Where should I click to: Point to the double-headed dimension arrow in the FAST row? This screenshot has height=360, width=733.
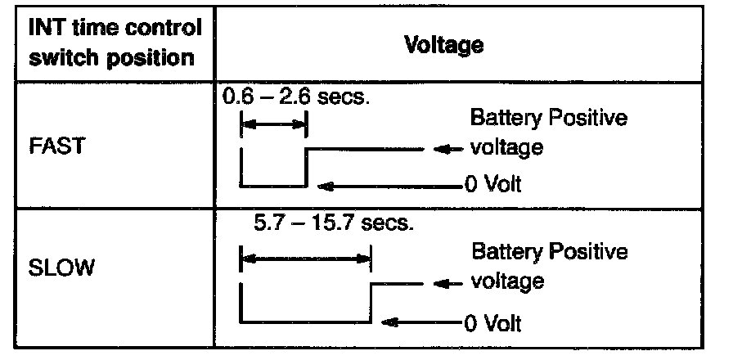point(273,125)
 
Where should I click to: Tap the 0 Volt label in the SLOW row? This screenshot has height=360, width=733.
point(490,322)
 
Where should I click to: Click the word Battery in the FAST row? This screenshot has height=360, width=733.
point(501,118)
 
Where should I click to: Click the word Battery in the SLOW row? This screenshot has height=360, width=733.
point(501,251)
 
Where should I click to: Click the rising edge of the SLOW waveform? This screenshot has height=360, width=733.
point(371,302)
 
